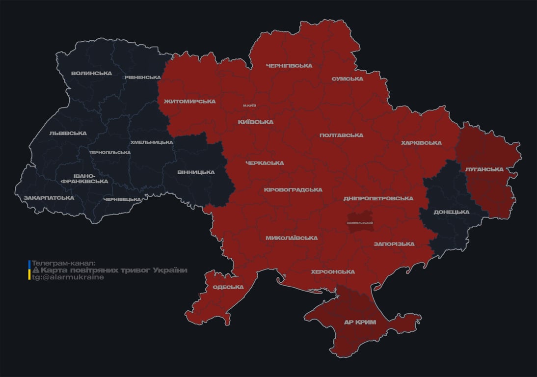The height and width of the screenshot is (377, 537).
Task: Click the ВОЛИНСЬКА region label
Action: pos(91,73)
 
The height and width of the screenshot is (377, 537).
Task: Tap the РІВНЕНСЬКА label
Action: pos(142,77)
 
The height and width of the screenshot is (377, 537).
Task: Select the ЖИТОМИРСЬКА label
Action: pos(189,101)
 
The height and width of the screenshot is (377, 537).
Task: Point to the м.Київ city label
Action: pos(249,105)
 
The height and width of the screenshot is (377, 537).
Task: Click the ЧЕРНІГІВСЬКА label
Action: pos(289,65)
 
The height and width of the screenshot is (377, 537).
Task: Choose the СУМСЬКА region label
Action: pos(347,79)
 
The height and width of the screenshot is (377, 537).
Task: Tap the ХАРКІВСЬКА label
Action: pos(421,143)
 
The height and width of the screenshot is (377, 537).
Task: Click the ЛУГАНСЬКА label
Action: pos(484,169)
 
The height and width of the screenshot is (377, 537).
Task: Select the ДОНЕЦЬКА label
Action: pos(451,212)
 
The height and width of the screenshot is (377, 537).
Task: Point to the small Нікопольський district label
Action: pos(360,223)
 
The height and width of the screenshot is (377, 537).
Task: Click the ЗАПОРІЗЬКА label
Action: pos(394,243)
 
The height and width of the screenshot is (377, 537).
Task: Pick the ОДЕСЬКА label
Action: pos(228,287)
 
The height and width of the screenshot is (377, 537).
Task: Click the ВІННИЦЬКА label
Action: pos(196,172)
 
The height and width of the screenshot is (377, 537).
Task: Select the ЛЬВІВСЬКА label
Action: pos(68,133)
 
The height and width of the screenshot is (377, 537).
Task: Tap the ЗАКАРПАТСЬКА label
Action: pos(49,198)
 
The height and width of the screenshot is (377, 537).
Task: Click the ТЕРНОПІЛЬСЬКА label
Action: pos(110,152)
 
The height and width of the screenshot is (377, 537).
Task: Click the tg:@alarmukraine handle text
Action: pos(68,277)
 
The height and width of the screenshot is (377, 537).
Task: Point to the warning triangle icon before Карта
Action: pos(35,270)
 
